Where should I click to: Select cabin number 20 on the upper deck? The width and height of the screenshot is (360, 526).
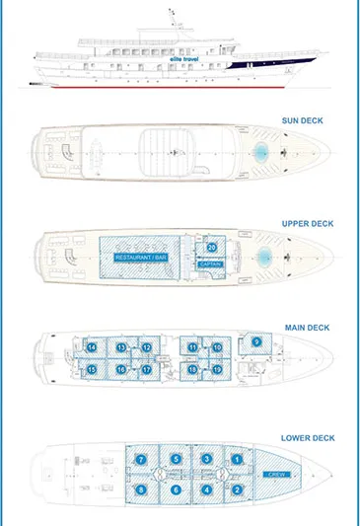pyautogui.click(x=211, y=247)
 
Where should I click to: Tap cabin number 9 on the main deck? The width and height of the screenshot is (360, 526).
pyautogui.click(x=256, y=341)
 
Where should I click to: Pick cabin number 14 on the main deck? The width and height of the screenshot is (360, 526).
pyautogui.click(x=91, y=348)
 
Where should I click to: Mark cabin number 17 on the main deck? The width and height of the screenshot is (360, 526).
pyautogui.click(x=146, y=369)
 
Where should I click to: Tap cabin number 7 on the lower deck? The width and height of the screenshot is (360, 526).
pyautogui.click(x=141, y=460)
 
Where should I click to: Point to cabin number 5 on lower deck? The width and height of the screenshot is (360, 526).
pyautogui.click(x=175, y=460)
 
